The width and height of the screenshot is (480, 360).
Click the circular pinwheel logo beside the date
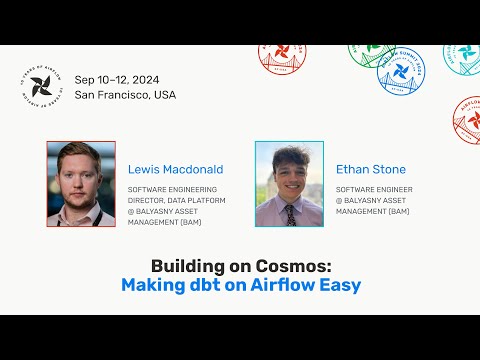click(x=47, y=87)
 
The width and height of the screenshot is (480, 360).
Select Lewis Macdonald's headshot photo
click(x=81, y=183)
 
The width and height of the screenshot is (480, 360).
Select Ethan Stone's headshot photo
click(x=289, y=183)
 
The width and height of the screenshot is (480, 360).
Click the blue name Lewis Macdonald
click(x=176, y=169)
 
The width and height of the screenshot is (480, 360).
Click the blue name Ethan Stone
click(x=372, y=169)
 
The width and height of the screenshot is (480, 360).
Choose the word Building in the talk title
click(x=187, y=266)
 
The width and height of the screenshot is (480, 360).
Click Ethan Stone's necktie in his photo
click(x=289, y=213)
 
